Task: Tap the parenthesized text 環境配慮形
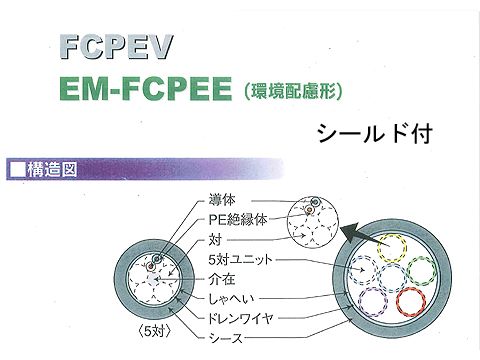pyautogui.click(x=293, y=92)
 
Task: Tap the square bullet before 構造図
pyautogui.click(x=17, y=168)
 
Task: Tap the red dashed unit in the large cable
pyautogui.click(x=414, y=299)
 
